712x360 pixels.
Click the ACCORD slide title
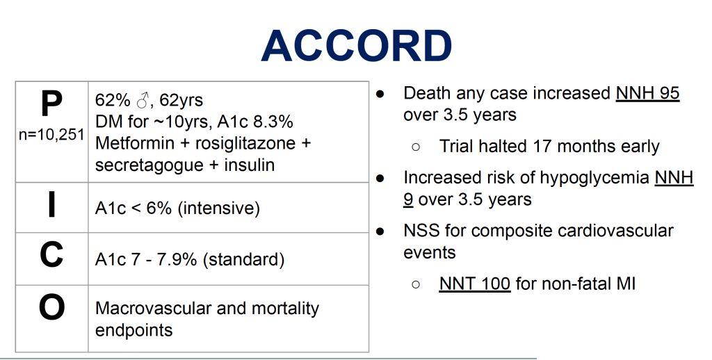click(x=357, y=46)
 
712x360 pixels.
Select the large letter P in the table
click(x=51, y=104)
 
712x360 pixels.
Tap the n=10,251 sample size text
click(x=51, y=134)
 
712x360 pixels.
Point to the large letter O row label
click(x=51, y=307)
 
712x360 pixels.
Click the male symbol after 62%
click(x=143, y=100)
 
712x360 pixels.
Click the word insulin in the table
click(x=250, y=165)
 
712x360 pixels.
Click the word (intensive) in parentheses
click(x=219, y=208)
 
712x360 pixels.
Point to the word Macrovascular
click(x=154, y=309)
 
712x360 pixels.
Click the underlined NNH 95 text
click(x=647, y=93)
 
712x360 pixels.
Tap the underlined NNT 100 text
click(x=474, y=284)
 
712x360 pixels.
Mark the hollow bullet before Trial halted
click(x=416, y=147)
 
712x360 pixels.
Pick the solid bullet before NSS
click(x=380, y=231)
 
